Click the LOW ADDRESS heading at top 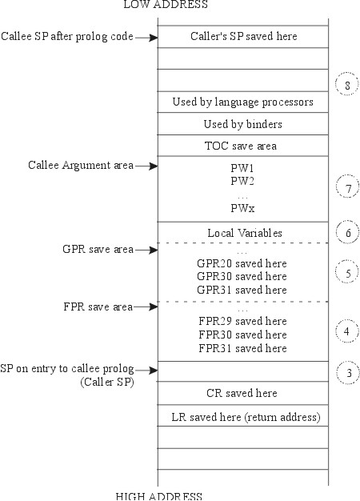coord(165,5)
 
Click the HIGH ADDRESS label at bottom coord(158,495)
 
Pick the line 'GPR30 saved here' coord(241,276)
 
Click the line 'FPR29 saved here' coord(241,322)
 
